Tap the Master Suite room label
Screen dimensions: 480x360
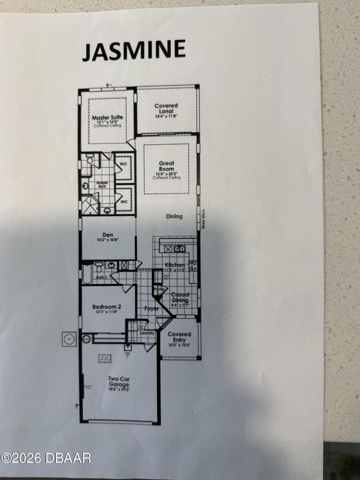point(107,117)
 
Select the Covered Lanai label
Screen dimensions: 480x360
point(166,108)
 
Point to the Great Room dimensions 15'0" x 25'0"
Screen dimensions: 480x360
point(166,174)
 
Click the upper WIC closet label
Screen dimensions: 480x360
point(123,164)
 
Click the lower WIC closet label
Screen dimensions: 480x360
point(124,202)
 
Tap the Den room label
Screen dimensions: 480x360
point(108,235)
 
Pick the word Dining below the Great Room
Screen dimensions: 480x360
point(174,216)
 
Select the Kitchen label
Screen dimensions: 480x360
point(175,265)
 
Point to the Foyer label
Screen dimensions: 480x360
point(152,308)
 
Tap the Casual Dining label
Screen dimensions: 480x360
point(180,297)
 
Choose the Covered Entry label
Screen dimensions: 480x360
point(179,337)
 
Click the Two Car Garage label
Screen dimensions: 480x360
point(119,382)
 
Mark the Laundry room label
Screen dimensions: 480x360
point(147,333)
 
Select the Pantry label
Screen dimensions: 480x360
point(159,289)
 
